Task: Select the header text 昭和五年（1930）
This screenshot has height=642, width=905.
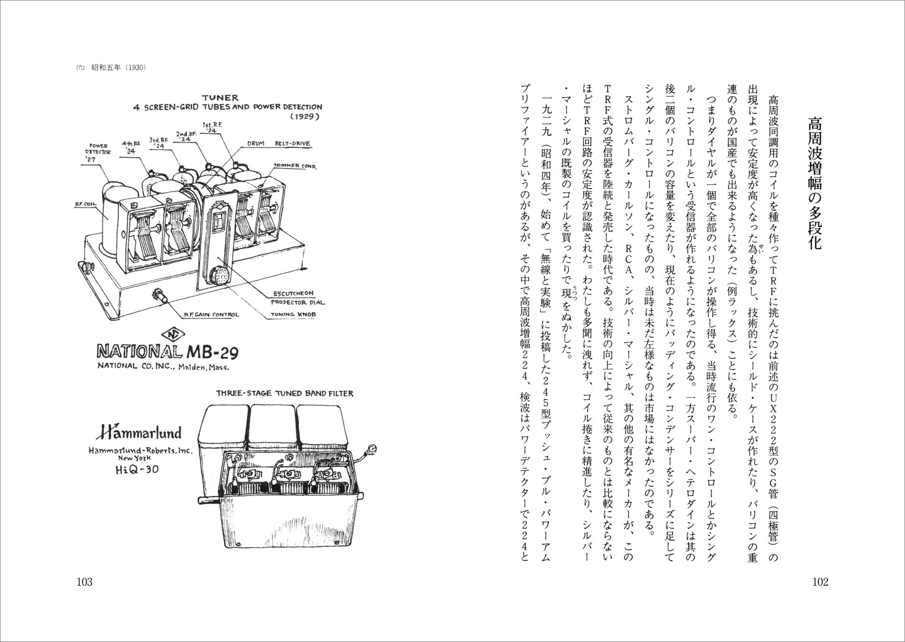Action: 118,68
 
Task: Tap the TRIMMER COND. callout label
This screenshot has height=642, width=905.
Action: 295,165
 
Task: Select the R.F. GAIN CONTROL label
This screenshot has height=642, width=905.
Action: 211,314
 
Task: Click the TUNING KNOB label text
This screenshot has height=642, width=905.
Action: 293,314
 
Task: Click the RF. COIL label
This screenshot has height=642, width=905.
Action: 86,204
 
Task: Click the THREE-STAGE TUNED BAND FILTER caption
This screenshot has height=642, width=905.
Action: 285,393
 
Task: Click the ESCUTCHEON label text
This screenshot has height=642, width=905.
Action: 293,293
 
